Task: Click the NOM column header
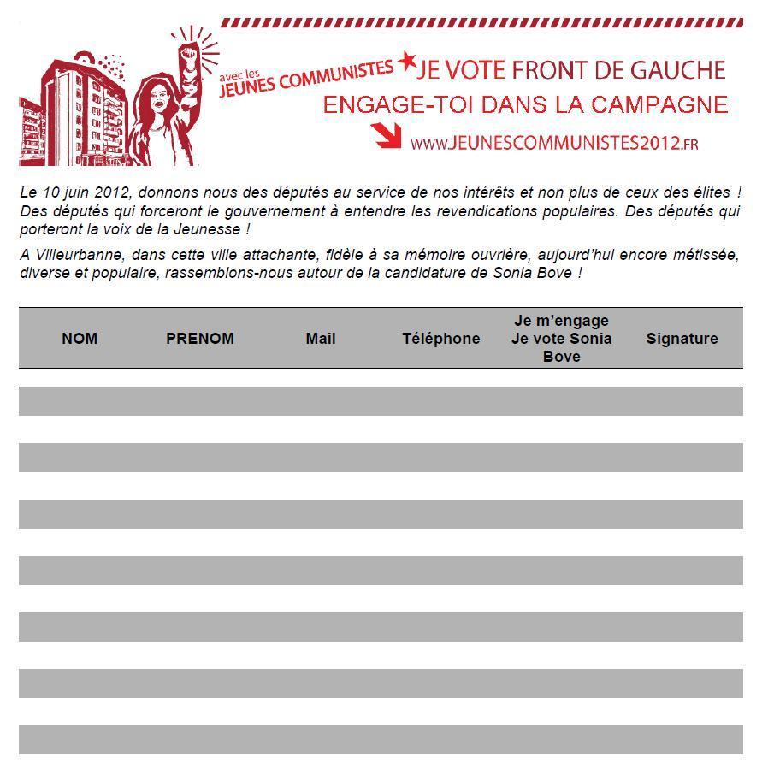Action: (80, 339)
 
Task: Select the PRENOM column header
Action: (199, 339)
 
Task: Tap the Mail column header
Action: (321, 339)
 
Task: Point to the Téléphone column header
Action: (440, 339)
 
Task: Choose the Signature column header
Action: (682, 339)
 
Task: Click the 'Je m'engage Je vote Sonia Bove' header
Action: (561, 339)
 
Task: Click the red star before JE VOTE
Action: (407, 62)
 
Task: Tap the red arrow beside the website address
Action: (386, 135)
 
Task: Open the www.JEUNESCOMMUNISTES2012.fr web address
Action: (554, 143)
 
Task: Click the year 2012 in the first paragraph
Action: (109, 192)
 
